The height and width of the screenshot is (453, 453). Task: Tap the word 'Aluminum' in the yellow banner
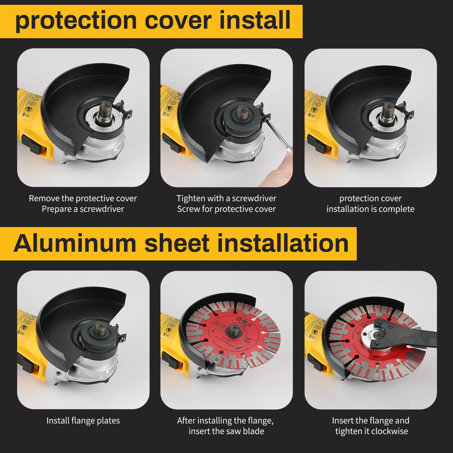75,243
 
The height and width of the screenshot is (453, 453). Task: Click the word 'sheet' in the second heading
176,243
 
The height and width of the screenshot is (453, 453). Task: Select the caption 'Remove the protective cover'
83,198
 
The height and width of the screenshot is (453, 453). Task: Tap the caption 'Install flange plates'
83,421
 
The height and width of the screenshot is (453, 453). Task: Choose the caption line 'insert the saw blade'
226,431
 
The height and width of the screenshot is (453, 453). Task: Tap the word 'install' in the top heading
255,21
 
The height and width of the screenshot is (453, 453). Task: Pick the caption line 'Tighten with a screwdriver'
226,198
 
